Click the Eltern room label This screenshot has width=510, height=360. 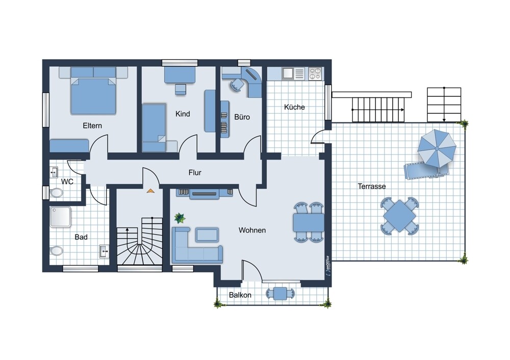(x=92, y=125)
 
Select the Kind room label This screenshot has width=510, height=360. (x=183, y=114)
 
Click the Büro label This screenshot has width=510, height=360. (x=242, y=117)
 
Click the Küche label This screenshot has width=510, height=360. (x=294, y=107)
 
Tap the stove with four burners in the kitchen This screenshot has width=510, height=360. (x=315, y=73)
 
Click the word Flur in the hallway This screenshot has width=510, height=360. (x=195, y=172)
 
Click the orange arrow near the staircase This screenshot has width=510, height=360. (x=150, y=191)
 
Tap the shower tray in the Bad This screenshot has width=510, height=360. (x=61, y=217)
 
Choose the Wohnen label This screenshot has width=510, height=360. (x=252, y=230)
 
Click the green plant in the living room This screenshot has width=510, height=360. (x=180, y=218)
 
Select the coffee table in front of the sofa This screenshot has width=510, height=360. (x=208, y=234)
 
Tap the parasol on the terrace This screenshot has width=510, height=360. (x=437, y=147)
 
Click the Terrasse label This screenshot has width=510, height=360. (x=371, y=186)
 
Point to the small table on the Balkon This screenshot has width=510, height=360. (x=280, y=293)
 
